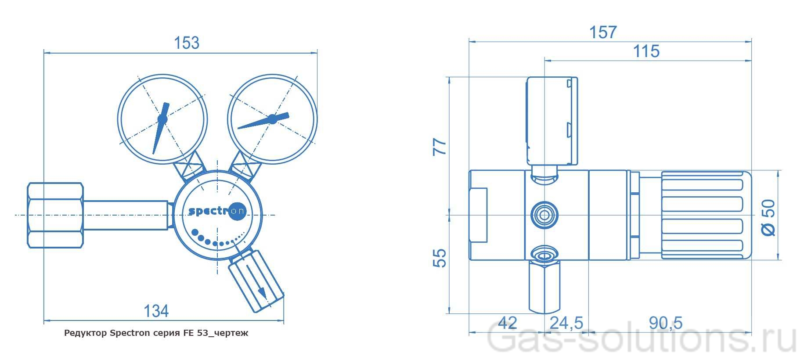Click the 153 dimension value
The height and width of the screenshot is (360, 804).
point(187,43)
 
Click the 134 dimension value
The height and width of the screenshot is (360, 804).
point(156,311)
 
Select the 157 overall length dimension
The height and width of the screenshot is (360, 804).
point(603,32)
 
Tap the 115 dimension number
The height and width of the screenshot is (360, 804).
point(646,51)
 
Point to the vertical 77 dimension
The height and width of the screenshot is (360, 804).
point(440,147)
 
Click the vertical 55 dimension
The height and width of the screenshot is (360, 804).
point(440,258)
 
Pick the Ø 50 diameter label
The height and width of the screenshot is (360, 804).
point(768,217)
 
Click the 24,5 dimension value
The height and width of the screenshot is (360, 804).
point(566,323)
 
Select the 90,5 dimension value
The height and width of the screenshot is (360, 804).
point(666,323)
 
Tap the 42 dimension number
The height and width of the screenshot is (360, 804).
point(508,323)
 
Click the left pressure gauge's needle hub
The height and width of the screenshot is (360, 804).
point(162,119)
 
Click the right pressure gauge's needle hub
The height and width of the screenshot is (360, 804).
point(272,119)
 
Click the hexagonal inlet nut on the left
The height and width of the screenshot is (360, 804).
point(55,215)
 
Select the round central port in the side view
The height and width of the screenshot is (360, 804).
point(544,215)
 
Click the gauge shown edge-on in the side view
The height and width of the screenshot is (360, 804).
point(552,121)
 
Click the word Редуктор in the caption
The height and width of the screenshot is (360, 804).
point(85,333)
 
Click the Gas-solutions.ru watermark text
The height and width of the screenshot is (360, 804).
point(641,340)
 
